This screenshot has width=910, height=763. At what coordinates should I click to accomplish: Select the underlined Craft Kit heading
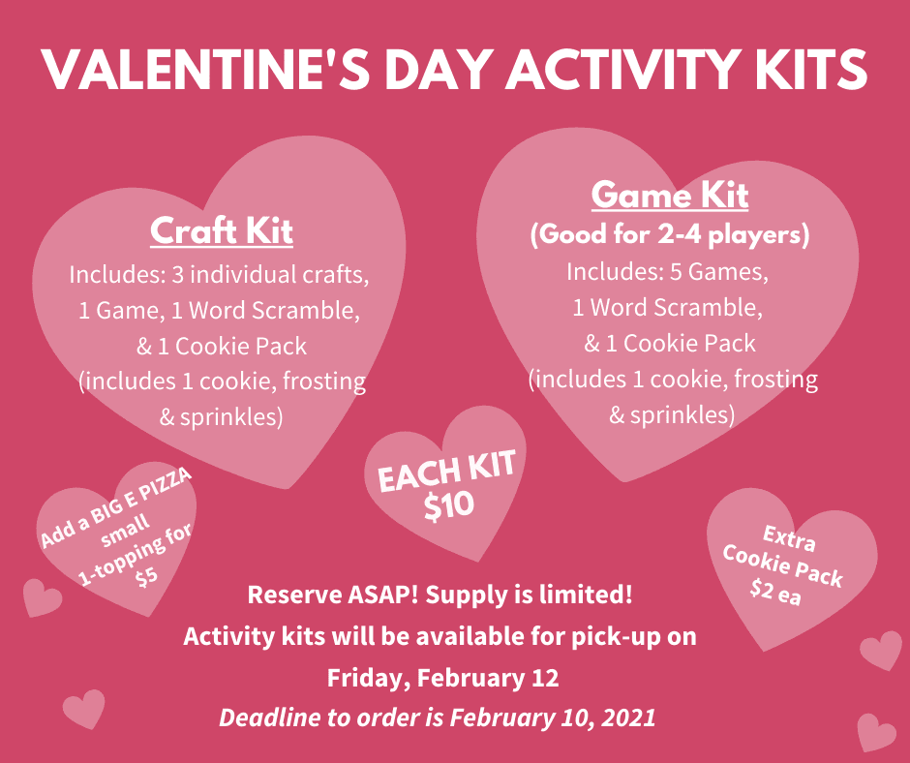click(222, 231)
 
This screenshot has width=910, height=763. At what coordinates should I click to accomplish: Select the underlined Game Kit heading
click(670, 195)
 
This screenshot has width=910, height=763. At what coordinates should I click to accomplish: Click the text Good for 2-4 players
click(670, 234)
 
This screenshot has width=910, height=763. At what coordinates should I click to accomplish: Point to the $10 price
click(449, 504)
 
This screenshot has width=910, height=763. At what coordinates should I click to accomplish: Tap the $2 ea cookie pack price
click(775, 594)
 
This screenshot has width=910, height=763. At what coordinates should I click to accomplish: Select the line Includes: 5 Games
click(668, 272)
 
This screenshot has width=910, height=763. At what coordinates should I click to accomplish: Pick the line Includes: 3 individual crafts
click(219, 274)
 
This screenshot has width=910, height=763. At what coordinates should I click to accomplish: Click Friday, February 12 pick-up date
click(442, 678)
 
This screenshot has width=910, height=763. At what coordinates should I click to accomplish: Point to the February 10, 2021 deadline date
click(552, 717)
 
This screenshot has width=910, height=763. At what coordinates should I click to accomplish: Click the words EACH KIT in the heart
click(446, 472)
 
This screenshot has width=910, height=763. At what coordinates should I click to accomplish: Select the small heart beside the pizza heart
click(42, 597)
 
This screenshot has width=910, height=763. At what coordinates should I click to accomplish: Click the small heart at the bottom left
click(83, 709)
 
